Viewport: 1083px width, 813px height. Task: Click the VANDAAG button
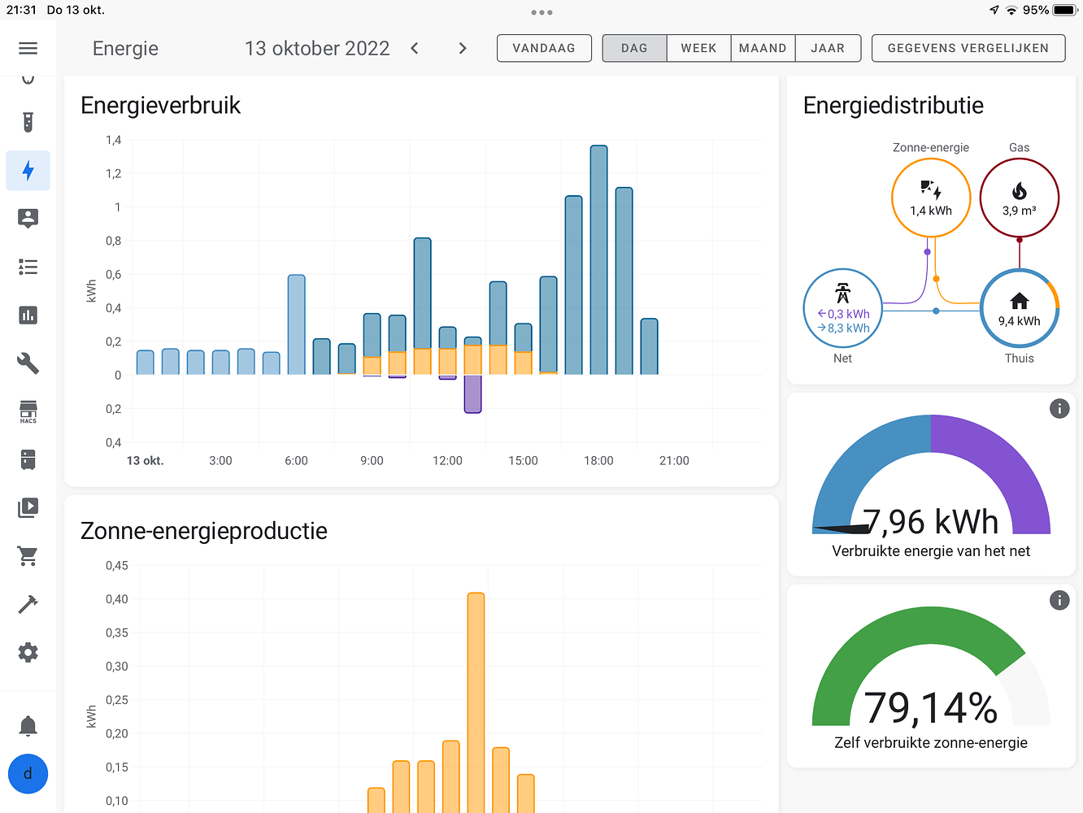point(544,48)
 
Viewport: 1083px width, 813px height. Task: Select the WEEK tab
point(698,48)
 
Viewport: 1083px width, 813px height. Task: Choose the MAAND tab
point(763,48)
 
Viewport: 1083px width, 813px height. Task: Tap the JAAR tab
point(828,48)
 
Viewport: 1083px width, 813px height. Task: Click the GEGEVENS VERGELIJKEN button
point(968,48)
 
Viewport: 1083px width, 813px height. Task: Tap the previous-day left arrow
point(415,48)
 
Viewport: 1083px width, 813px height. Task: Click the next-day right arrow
point(463,48)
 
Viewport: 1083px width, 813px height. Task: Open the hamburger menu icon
point(28,48)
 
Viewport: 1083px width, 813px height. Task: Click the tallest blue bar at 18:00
point(598,260)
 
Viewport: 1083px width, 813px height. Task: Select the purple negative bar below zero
point(472,394)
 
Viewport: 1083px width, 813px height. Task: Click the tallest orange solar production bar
point(476,699)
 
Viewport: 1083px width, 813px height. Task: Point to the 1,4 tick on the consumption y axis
point(114,140)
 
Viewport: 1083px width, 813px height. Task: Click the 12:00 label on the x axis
point(447,461)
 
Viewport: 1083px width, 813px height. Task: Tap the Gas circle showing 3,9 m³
point(1019,198)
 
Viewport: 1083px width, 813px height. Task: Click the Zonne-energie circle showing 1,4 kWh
point(931,198)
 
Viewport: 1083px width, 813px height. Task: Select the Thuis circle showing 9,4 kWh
point(1019,308)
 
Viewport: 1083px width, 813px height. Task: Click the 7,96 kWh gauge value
point(931,522)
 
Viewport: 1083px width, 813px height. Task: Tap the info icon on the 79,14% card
point(1059,600)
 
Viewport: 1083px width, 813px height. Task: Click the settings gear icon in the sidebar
point(28,652)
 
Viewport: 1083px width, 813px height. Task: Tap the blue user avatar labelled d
point(28,773)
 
